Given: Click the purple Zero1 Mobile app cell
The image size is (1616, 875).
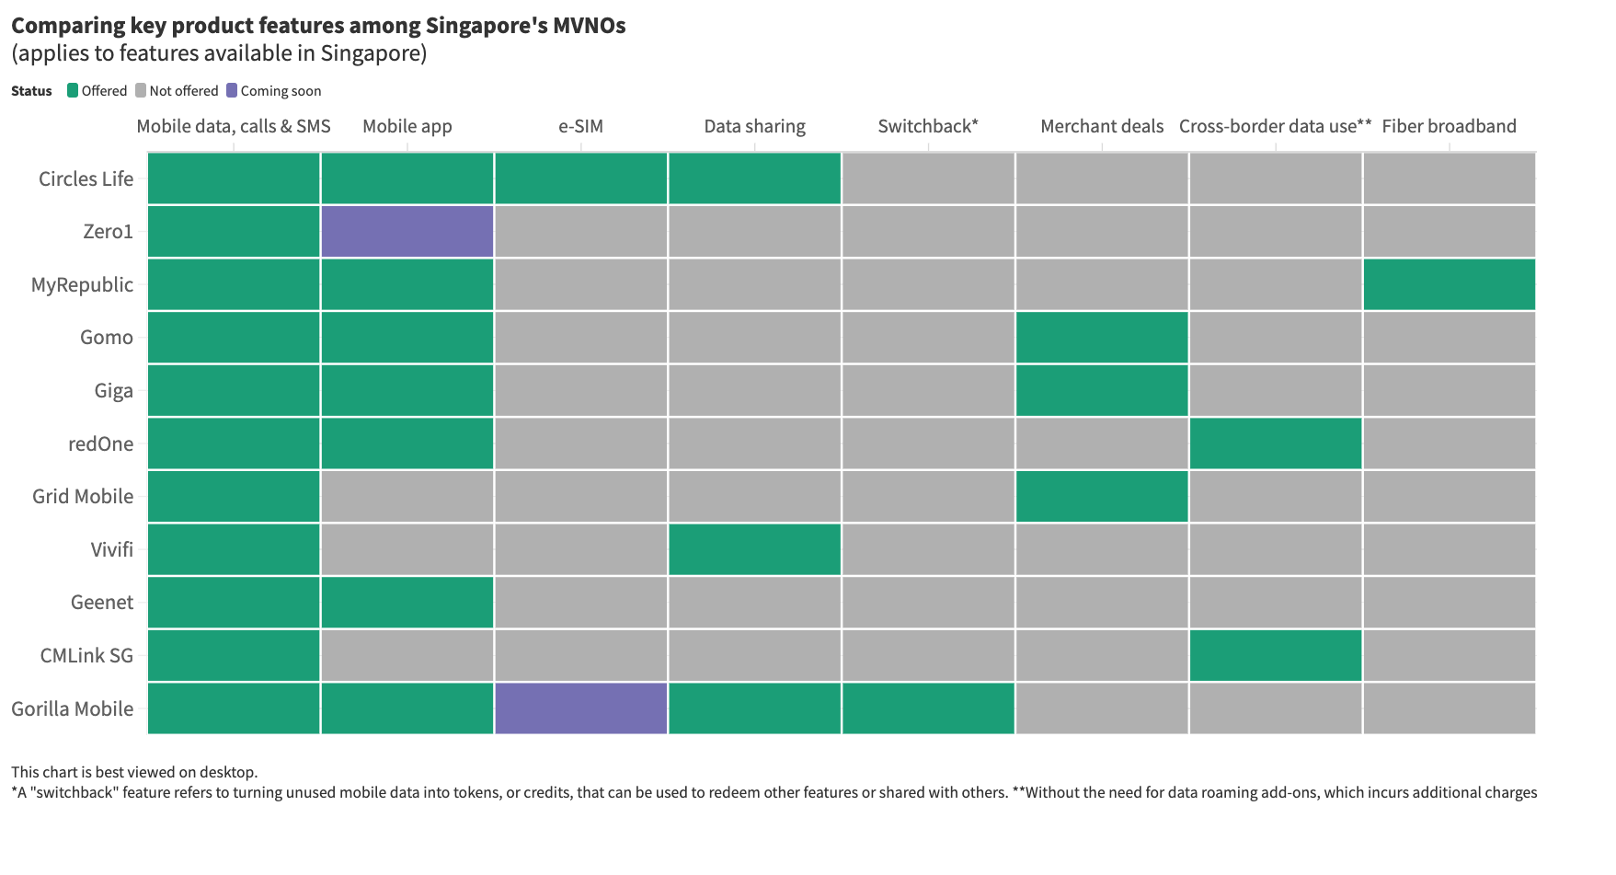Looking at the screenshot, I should (x=407, y=231).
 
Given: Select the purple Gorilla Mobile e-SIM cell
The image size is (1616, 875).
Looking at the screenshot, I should (x=581, y=708).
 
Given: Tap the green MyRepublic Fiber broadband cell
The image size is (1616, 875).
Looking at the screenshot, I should (x=1450, y=284).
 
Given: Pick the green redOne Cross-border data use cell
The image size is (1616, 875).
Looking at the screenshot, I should (x=1276, y=443).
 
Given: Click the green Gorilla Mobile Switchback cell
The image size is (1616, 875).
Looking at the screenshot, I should (x=928, y=708).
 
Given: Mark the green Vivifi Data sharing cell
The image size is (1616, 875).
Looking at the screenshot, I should (x=754, y=549).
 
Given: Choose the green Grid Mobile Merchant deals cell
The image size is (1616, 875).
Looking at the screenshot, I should (x=1102, y=497).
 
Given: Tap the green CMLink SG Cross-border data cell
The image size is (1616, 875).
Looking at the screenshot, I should (x=1276, y=655).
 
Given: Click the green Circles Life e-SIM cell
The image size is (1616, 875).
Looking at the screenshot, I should (x=581, y=178).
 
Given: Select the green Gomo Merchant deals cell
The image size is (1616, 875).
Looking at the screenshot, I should (x=1102, y=338).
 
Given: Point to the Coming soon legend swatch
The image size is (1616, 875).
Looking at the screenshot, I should (x=232, y=90).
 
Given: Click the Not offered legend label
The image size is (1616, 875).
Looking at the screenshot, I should (x=184, y=91).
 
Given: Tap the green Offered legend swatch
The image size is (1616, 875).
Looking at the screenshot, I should (x=73, y=90).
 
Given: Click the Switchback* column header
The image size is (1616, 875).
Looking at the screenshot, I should (x=928, y=126).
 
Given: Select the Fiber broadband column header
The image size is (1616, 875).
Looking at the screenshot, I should (x=1449, y=126).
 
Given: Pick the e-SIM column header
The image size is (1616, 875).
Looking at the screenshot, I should (x=581, y=126).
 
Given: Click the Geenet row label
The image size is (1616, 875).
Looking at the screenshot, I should (x=102, y=603).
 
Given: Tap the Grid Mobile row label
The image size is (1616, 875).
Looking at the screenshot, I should (x=83, y=497).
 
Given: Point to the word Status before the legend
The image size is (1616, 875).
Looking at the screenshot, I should (x=31, y=91).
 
